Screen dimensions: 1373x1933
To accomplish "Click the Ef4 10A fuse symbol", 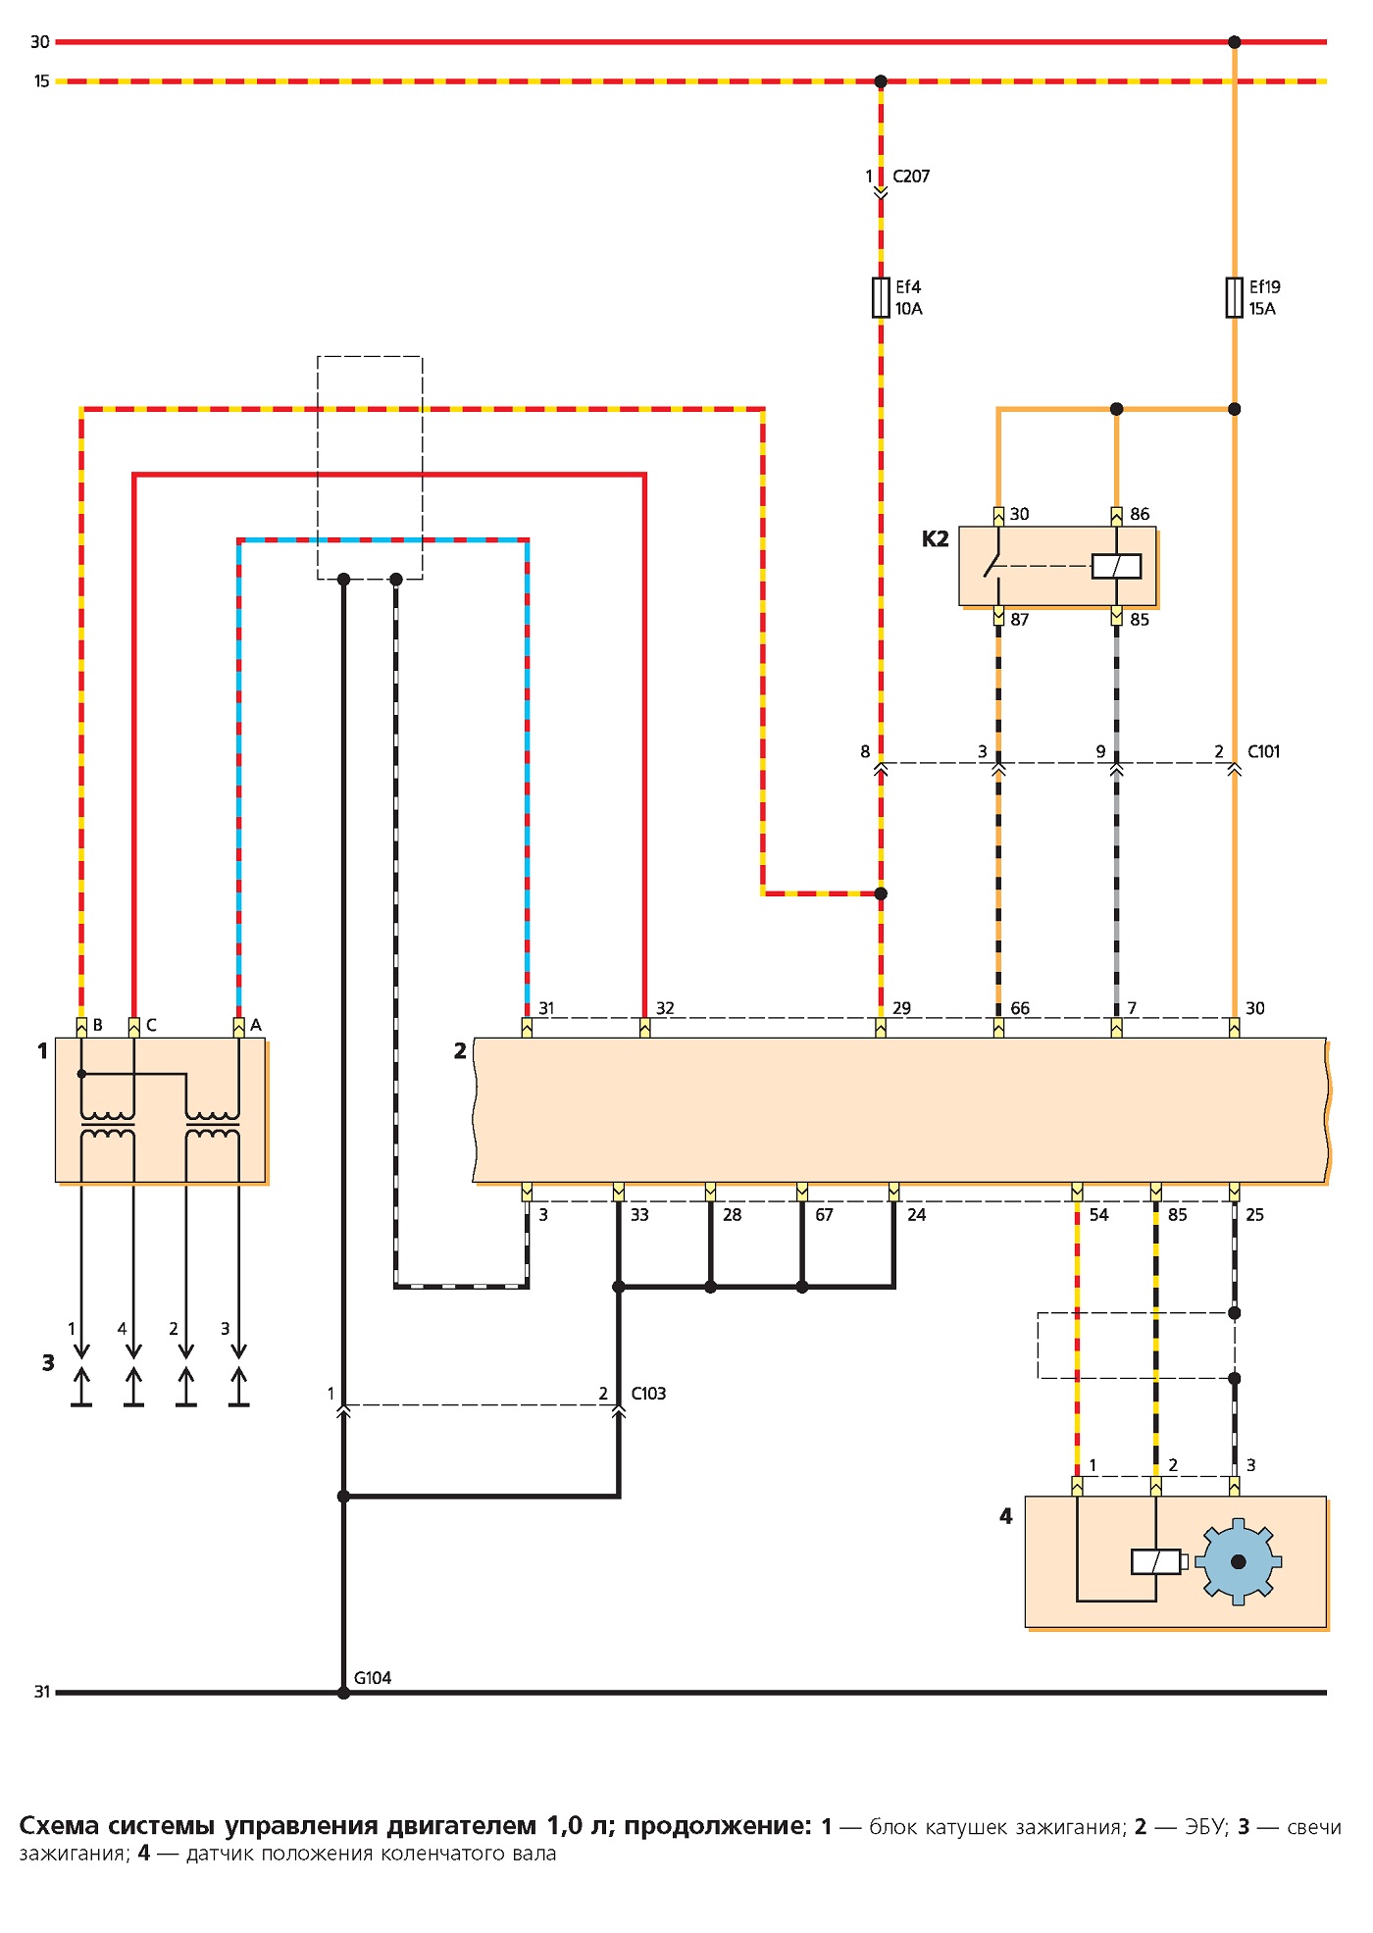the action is coord(881,298).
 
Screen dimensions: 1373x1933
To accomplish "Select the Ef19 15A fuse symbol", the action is coord(1234,298).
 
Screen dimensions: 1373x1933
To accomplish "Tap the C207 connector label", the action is coord(911,177).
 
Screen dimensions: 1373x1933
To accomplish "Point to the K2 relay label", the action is coord(936,538).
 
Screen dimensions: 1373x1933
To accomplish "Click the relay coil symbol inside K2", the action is coord(1116,566).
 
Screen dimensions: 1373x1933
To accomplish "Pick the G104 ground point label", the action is coord(373,1678).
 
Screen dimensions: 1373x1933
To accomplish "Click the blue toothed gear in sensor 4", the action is coord(1238,1561).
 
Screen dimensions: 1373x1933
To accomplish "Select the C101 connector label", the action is coord(1264,752).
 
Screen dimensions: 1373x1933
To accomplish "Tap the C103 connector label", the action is coord(648,1394).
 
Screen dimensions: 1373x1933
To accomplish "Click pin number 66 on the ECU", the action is coord(1020,1008).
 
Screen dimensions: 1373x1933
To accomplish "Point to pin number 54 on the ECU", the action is coord(1098,1215).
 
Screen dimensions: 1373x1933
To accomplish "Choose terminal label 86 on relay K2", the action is coord(1140,514).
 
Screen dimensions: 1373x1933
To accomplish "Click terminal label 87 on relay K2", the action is coord(1020,620).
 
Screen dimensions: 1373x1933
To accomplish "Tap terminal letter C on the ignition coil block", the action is coord(151,1026).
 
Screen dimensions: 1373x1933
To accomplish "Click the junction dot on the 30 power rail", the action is coord(1235,42).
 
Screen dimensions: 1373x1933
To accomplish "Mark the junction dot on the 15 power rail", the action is coord(881,81).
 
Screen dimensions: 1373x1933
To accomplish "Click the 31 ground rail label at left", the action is coord(42,1692).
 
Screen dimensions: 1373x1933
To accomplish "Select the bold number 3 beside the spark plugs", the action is coord(48,1362).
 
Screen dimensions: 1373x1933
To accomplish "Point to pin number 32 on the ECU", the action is coord(665,1008).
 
